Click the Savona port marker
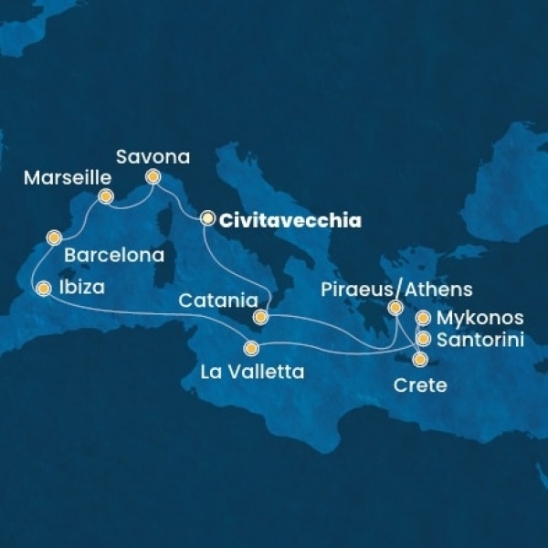pyautogui.click(x=153, y=177)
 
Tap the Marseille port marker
pyautogui.click(x=106, y=196)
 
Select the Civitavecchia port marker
pyautogui.click(x=207, y=218)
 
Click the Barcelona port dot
pyautogui.click(x=54, y=239)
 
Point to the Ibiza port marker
pyautogui.click(x=42, y=289)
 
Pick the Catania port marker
pyautogui.click(x=260, y=317)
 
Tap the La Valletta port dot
pyautogui.click(x=251, y=348)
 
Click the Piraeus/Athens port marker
pyautogui.click(x=395, y=308)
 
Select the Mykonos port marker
pyautogui.click(x=423, y=319)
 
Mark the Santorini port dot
pyautogui.click(x=423, y=339)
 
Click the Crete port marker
pyautogui.click(x=419, y=359)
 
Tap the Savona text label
pyautogui.click(x=153, y=156)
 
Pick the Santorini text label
pyautogui.click(x=480, y=340)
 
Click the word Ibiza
pyautogui.click(x=81, y=289)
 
